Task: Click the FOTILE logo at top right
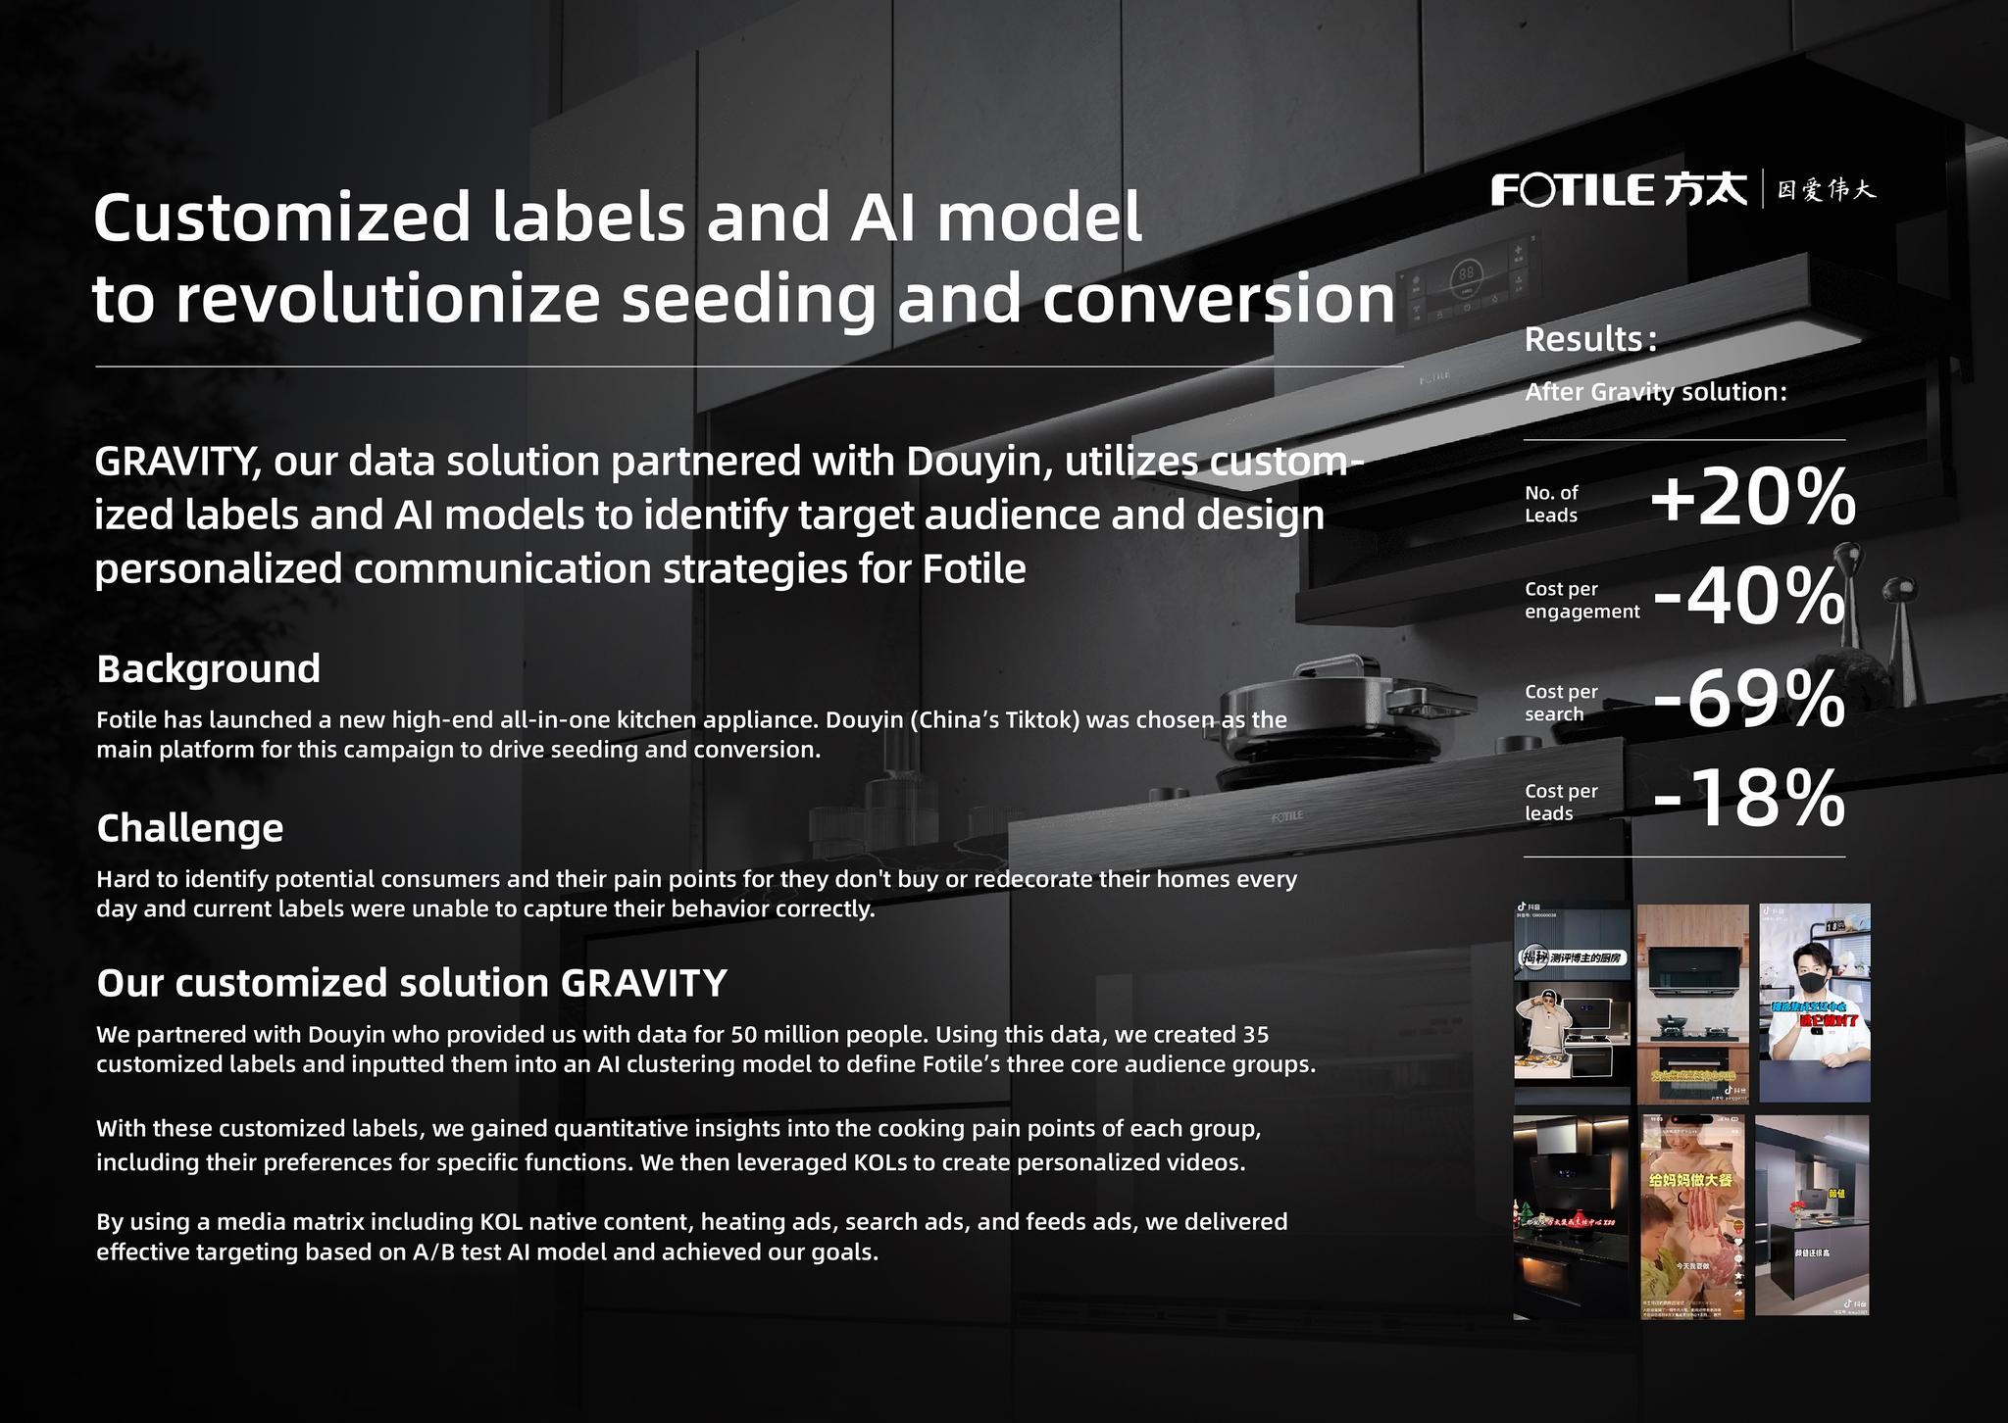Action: tap(1618, 189)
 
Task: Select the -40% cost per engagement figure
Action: tap(1749, 597)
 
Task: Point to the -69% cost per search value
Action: tap(1749, 700)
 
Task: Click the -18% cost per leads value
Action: tap(1749, 800)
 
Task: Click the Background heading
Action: tap(208, 669)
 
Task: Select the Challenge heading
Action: tap(189, 828)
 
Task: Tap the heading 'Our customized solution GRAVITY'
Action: tap(412, 983)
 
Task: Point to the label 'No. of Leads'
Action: tap(1552, 504)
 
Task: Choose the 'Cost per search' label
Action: tap(1561, 703)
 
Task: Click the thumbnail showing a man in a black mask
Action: tap(1814, 1002)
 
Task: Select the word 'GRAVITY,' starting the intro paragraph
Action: tap(177, 463)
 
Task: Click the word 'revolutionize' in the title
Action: tap(387, 300)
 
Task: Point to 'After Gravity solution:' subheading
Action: tap(1656, 392)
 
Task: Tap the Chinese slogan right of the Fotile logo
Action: tap(1827, 189)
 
